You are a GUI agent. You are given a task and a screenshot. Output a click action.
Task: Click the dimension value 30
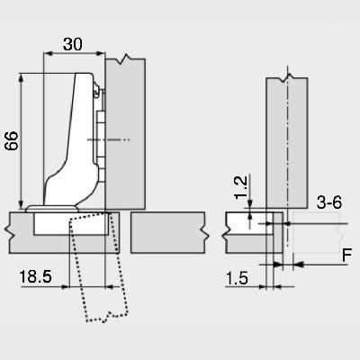coord(73,44)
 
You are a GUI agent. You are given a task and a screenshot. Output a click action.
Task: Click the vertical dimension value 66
coord(12,140)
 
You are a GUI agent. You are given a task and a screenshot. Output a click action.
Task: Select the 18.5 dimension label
coord(35,276)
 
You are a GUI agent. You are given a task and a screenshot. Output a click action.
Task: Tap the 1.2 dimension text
coord(241,187)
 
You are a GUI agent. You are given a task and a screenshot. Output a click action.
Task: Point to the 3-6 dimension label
coord(329,202)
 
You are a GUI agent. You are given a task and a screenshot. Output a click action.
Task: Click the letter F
coord(346,256)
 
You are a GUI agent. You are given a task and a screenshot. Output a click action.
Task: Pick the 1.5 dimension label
coord(237,278)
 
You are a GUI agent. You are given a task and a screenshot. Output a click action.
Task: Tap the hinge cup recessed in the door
coord(71,223)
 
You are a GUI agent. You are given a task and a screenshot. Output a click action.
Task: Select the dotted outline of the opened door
coord(99,267)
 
